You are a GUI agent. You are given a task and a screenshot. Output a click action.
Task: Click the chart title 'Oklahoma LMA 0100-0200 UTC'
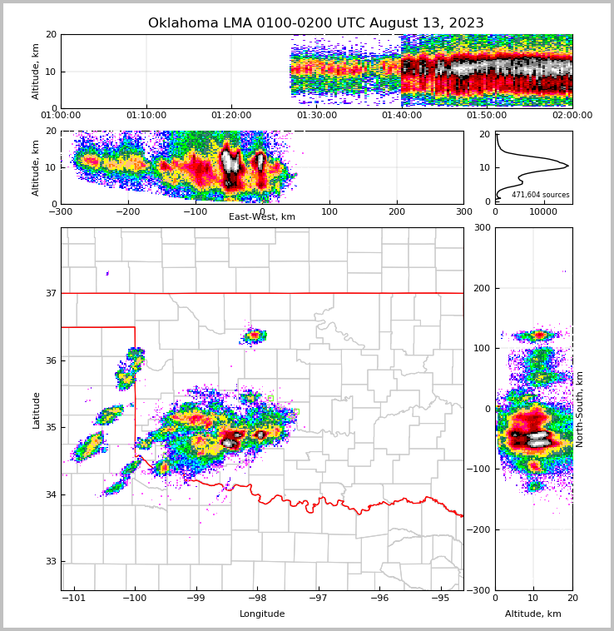(x=315, y=23)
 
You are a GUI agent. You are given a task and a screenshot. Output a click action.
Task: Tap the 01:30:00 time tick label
(x=317, y=116)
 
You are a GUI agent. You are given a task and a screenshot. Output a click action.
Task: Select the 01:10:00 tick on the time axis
(x=146, y=116)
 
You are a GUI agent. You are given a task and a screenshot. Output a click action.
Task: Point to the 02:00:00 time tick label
(x=572, y=116)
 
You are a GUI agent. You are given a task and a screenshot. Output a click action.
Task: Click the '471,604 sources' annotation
(x=540, y=195)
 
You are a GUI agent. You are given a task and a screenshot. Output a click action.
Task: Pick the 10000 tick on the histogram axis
(x=543, y=211)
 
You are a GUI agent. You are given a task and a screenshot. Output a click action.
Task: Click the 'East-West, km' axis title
(x=262, y=217)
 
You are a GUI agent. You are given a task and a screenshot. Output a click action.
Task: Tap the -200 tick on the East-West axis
(x=128, y=211)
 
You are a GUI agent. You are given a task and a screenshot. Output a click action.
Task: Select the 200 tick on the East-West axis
(x=397, y=211)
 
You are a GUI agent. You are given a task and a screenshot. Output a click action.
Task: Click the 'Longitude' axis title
(x=262, y=614)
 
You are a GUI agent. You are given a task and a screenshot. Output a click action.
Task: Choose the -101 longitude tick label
(x=74, y=598)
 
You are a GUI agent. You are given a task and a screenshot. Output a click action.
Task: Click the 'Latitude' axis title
(x=36, y=410)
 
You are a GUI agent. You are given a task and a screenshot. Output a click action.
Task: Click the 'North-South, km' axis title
(x=580, y=410)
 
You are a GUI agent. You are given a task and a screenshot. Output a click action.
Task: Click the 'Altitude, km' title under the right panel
(x=533, y=614)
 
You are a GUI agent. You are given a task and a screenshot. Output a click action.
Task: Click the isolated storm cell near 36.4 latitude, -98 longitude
(x=254, y=335)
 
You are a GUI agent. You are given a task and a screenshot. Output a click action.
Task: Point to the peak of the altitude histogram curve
(x=567, y=166)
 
